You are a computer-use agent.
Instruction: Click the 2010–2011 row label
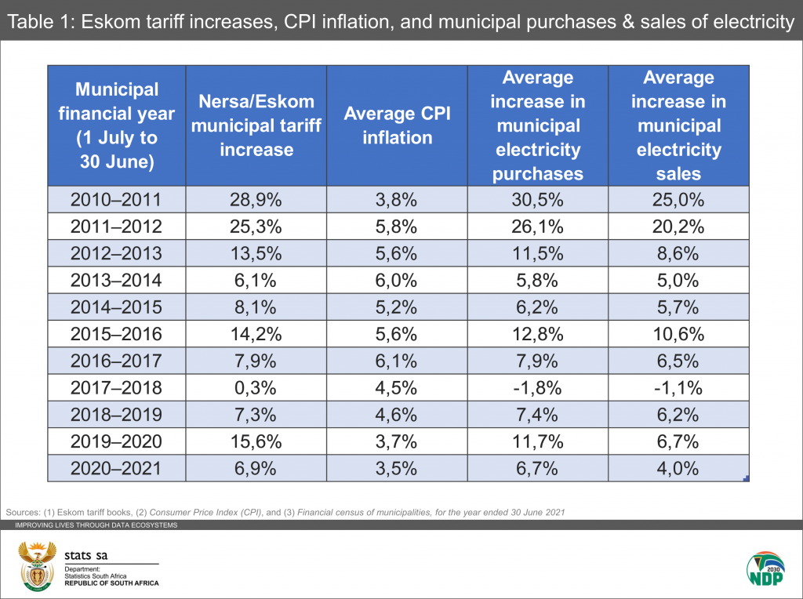[117, 199]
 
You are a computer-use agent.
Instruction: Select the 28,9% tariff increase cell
[256, 199]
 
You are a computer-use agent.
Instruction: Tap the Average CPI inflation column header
[398, 125]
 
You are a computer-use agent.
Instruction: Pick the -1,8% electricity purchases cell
[538, 388]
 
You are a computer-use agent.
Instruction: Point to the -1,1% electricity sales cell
[678, 388]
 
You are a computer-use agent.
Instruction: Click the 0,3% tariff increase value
[256, 388]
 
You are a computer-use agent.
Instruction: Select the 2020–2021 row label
[117, 469]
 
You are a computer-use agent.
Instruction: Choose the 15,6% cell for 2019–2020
[256, 442]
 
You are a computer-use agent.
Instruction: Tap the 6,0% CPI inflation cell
[398, 280]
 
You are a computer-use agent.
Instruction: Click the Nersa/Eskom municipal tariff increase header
[256, 125]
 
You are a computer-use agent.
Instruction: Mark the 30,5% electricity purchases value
[538, 199]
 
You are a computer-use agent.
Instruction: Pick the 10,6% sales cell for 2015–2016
[678, 334]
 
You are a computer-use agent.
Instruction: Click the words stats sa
[86, 555]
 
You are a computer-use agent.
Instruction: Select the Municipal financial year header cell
[117, 125]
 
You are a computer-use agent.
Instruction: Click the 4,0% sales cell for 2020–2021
[678, 469]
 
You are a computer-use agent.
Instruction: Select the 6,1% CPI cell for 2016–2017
[398, 361]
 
